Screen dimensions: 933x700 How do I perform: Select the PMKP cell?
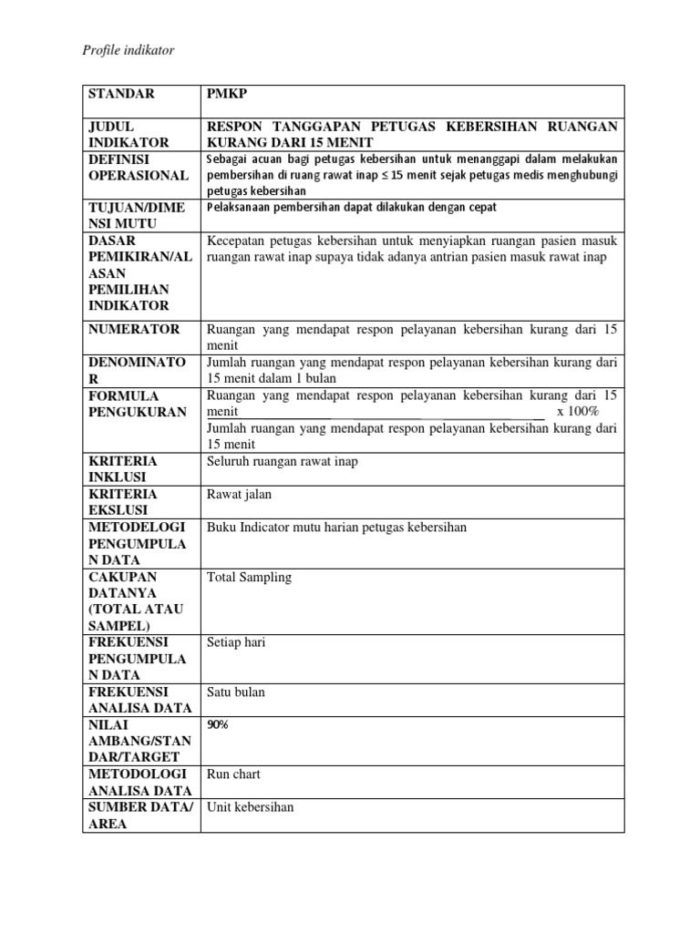pyautogui.click(x=225, y=93)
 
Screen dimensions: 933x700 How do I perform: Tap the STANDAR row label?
pyautogui.click(x=121, y=93)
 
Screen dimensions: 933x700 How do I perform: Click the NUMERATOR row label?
pyautogui.click(x=134, y=329)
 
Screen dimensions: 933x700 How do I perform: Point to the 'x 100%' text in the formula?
pyautogui.click(x=577, y=412)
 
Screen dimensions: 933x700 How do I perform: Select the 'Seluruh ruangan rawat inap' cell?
pyautogui.click(x=283, y=461)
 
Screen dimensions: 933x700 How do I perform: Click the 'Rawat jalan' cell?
pyautogui.click(x=240, y=494)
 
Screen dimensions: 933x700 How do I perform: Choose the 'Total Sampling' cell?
pyautogui.click(x=250, y=577)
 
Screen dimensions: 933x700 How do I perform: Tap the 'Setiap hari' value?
pyautogui.click(x=236, y=642)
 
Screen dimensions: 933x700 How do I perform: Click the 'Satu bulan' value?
pyautogui.click(x=236, y=692)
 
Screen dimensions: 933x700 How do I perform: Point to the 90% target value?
pyautogui.click(x=219, y=724)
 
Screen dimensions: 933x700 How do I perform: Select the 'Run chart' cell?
pyautogui.click(x=234, y=774)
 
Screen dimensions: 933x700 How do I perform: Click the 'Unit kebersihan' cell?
pyautogui.click(x=251, y=806)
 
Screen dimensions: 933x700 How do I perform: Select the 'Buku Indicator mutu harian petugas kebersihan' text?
pyautogui.click(x=337, y=527)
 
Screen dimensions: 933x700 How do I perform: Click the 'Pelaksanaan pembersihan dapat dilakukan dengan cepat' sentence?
pyautogui.click(x=352, y=208)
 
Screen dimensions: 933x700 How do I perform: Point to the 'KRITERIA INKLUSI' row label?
pyautogui.click(x=122, y=469)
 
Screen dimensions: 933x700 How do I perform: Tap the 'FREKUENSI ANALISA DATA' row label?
pyautogui.click(x=139, y=700)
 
